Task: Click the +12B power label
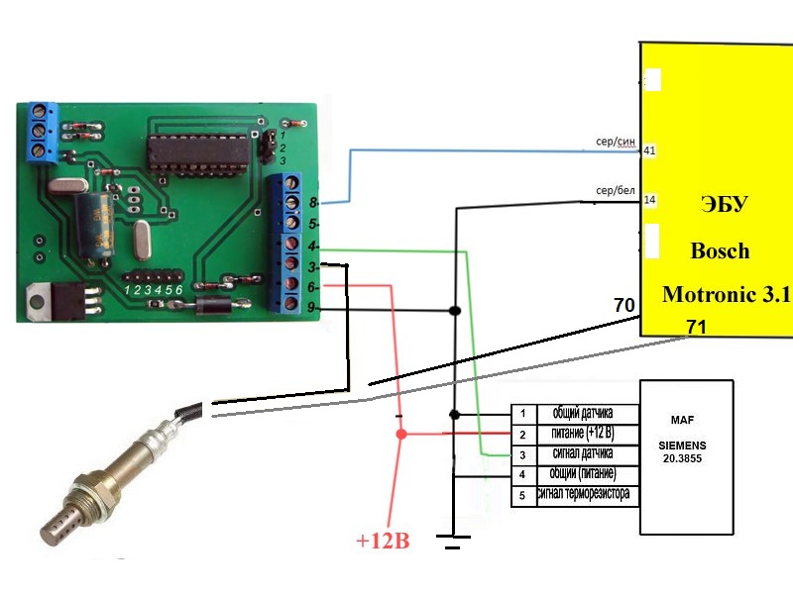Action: pyautogui.click(x=383, y=541)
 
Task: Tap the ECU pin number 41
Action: pyautogui.click(x=649, y=150)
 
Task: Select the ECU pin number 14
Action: pyautogui.click(x=649, y=200)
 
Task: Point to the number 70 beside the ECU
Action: pyautogui.click(x=624, y=305)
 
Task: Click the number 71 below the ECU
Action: pyautogui.click(x=697, y=328)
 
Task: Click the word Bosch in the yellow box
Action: pyautogui.click(x=720, y=251)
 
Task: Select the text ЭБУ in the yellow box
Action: pyautogui.click(x=725, y=205)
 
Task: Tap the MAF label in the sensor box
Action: pyautogui.click(x=682, y=420)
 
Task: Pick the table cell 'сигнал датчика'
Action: pyautogui.click(x=583, y=453)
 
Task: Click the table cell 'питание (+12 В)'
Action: pyautogui.click(x=583, y=434)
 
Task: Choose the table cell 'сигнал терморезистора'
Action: pyautogui.click(x=583, y=493)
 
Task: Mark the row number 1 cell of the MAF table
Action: pyautogui.click(x=523, y=414)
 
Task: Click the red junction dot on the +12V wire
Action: pyautogui.click(x=401, y=434)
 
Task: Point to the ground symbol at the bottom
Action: pyautogui.click(x=453, y=542)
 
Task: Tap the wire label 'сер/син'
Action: pyautogui.click(x=615, y=142)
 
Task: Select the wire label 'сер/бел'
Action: pyautogui.click(x=615, y=190)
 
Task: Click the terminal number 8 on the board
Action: pyautogui.click(x=313, y=203)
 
